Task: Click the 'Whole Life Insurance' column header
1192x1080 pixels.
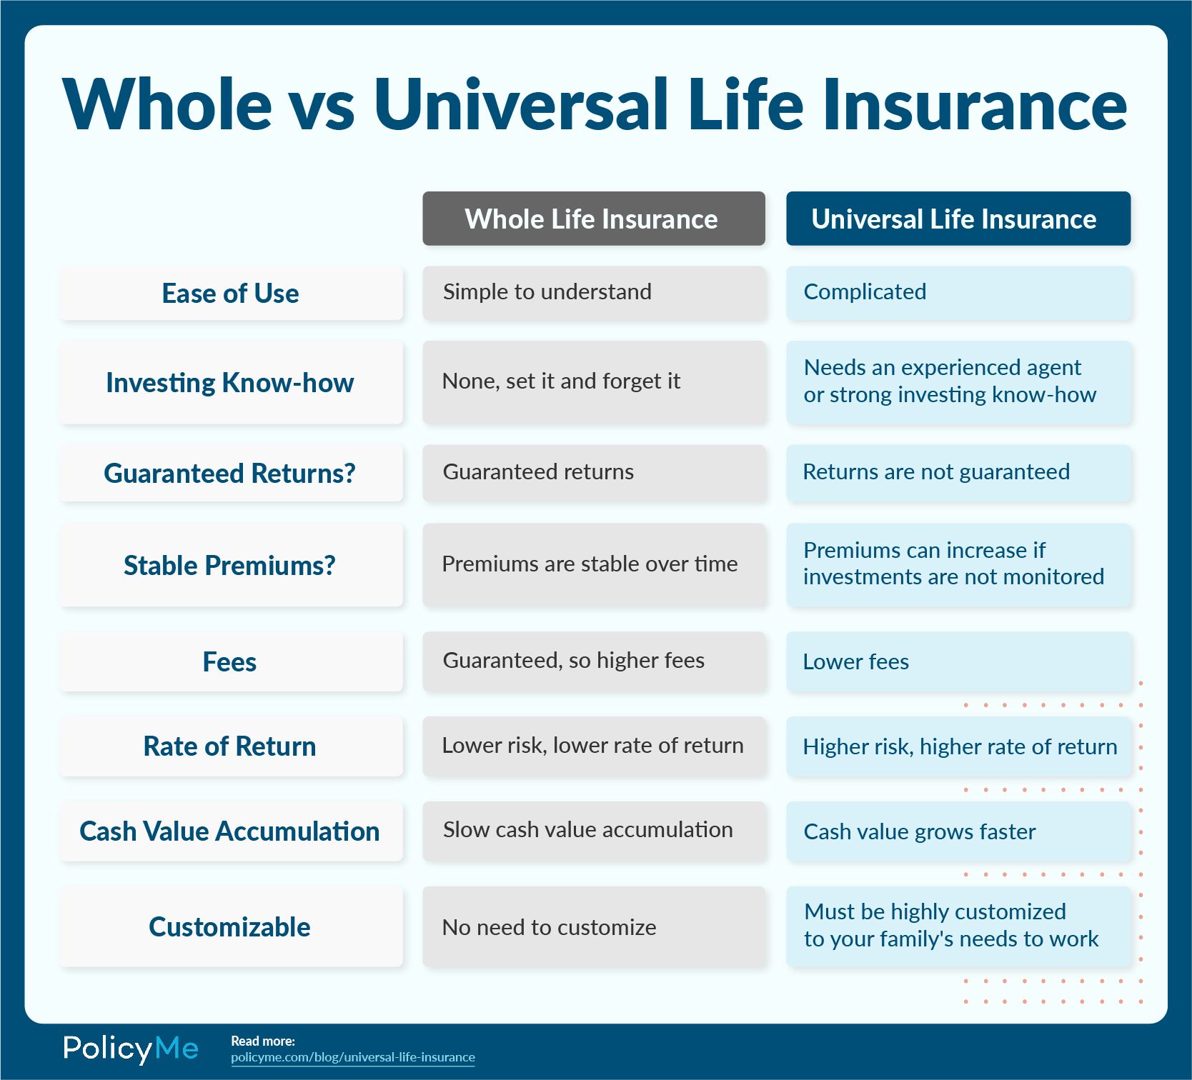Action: (593, 219)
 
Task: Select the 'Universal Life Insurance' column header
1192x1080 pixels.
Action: (958, 219)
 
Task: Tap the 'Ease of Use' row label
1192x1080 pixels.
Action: (231, 294)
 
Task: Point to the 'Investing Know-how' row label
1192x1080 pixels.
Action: (231, 383)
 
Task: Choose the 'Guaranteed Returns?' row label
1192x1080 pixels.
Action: (231, 474)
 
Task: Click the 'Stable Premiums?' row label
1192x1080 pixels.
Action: (231, 565)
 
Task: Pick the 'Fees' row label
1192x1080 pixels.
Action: (231, 661)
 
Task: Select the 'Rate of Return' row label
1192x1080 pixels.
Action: (231, 746)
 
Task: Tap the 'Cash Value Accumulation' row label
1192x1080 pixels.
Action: (231, 831)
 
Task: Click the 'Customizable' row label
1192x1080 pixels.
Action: (231, 927)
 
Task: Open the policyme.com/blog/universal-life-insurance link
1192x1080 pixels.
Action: (353, 1057)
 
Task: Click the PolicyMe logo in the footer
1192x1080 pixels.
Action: (131, 1049)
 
